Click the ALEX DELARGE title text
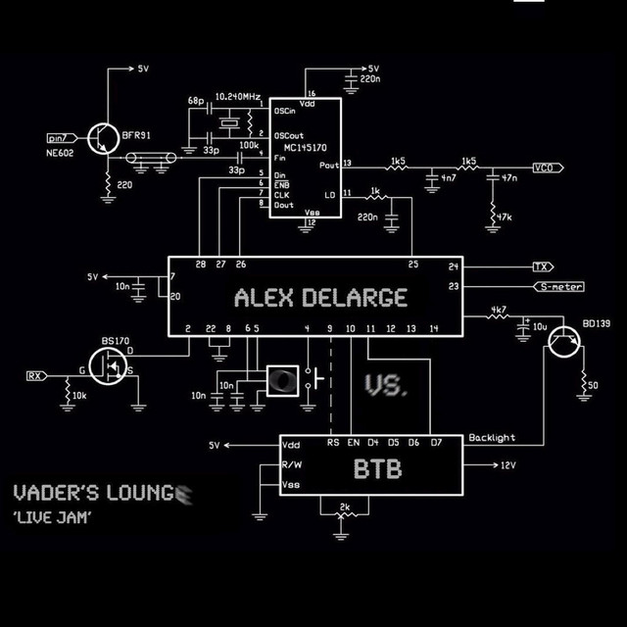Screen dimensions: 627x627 point(320,297)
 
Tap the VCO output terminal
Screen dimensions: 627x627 point(544,168)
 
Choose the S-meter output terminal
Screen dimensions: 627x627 point(559,287)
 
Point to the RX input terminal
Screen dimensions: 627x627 point(35,375)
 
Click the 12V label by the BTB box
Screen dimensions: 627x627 point(507,466)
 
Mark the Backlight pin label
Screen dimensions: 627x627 point(492,438)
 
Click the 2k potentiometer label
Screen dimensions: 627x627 point(343,506)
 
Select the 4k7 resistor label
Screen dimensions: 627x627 point(499,310)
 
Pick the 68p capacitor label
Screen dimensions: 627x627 point(196,101)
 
